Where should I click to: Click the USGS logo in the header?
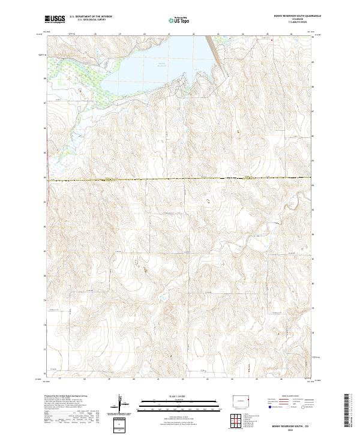point(55,20)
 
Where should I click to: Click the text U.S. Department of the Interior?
point(91,16)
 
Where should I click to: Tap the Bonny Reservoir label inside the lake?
point(161,63)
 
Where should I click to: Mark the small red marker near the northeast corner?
point(272,40)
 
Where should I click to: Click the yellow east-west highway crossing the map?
point(180,179)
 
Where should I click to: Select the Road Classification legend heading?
point(287,397)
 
